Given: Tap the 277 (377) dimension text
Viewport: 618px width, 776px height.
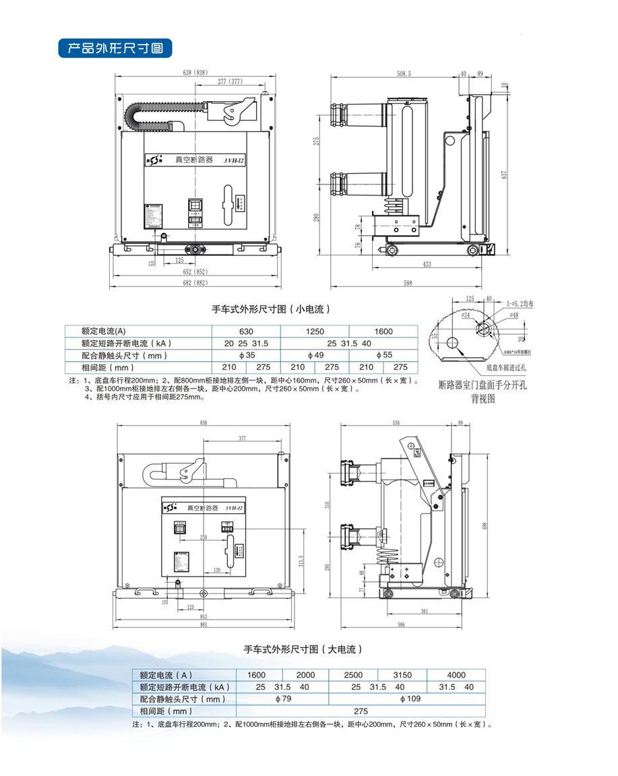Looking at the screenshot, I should click(x=230, y=82).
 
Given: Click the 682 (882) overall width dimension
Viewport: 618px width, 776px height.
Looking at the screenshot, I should click(x=195, y=282).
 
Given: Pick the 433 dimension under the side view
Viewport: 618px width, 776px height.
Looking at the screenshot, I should click(x=427, y=265).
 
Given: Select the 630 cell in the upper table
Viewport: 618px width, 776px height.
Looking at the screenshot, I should click(x=246, y=331).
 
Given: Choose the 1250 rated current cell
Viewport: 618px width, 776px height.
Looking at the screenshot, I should click(x=315, y=331).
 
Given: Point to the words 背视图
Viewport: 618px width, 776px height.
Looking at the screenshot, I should click(x=483, y=398).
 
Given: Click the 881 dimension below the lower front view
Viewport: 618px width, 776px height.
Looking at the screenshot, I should click(x=204, y=624).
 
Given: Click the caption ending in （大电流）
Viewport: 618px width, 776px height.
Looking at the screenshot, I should click(x=303, y=649).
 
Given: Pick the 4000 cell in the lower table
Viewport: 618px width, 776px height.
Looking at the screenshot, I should click(x=456, y=675).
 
